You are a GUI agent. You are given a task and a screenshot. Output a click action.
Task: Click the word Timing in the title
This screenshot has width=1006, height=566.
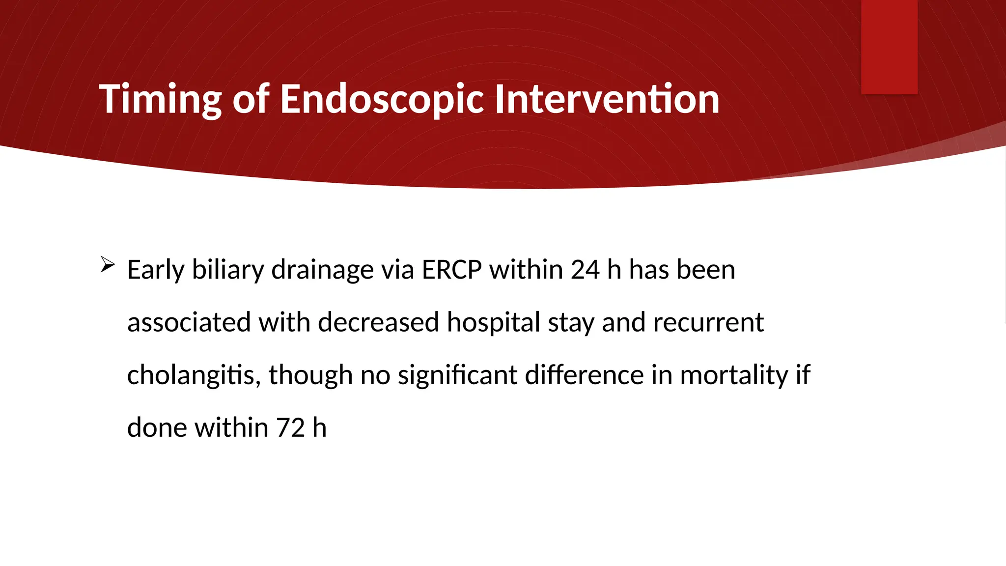(160, 100)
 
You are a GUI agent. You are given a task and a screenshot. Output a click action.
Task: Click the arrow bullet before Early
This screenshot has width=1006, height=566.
(107, 265)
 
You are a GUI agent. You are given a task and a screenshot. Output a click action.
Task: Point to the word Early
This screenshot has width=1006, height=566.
(155, 270)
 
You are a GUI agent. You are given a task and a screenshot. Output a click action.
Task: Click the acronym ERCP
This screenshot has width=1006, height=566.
(451, 270)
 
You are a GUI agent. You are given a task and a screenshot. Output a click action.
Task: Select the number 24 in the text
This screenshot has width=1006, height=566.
(585, 270)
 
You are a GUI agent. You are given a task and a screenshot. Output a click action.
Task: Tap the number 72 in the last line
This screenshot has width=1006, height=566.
(290, 427)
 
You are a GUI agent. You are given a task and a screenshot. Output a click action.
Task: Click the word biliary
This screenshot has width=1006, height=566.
(228, 270)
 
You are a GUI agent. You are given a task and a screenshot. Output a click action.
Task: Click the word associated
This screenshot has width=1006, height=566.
(189, 323)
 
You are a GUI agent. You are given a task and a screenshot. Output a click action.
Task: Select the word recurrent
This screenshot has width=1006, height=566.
(708, 323)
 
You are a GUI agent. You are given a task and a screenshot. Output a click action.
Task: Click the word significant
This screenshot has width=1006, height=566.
(457, 375)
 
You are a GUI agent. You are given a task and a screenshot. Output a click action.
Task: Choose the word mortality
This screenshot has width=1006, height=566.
(734, 375)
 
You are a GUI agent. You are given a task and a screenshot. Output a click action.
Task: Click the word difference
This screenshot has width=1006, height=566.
(584, 375)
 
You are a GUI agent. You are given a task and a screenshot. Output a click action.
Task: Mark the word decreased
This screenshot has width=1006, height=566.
(378, 323)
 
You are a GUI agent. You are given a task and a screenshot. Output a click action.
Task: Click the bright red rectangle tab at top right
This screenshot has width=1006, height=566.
(889, 47)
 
